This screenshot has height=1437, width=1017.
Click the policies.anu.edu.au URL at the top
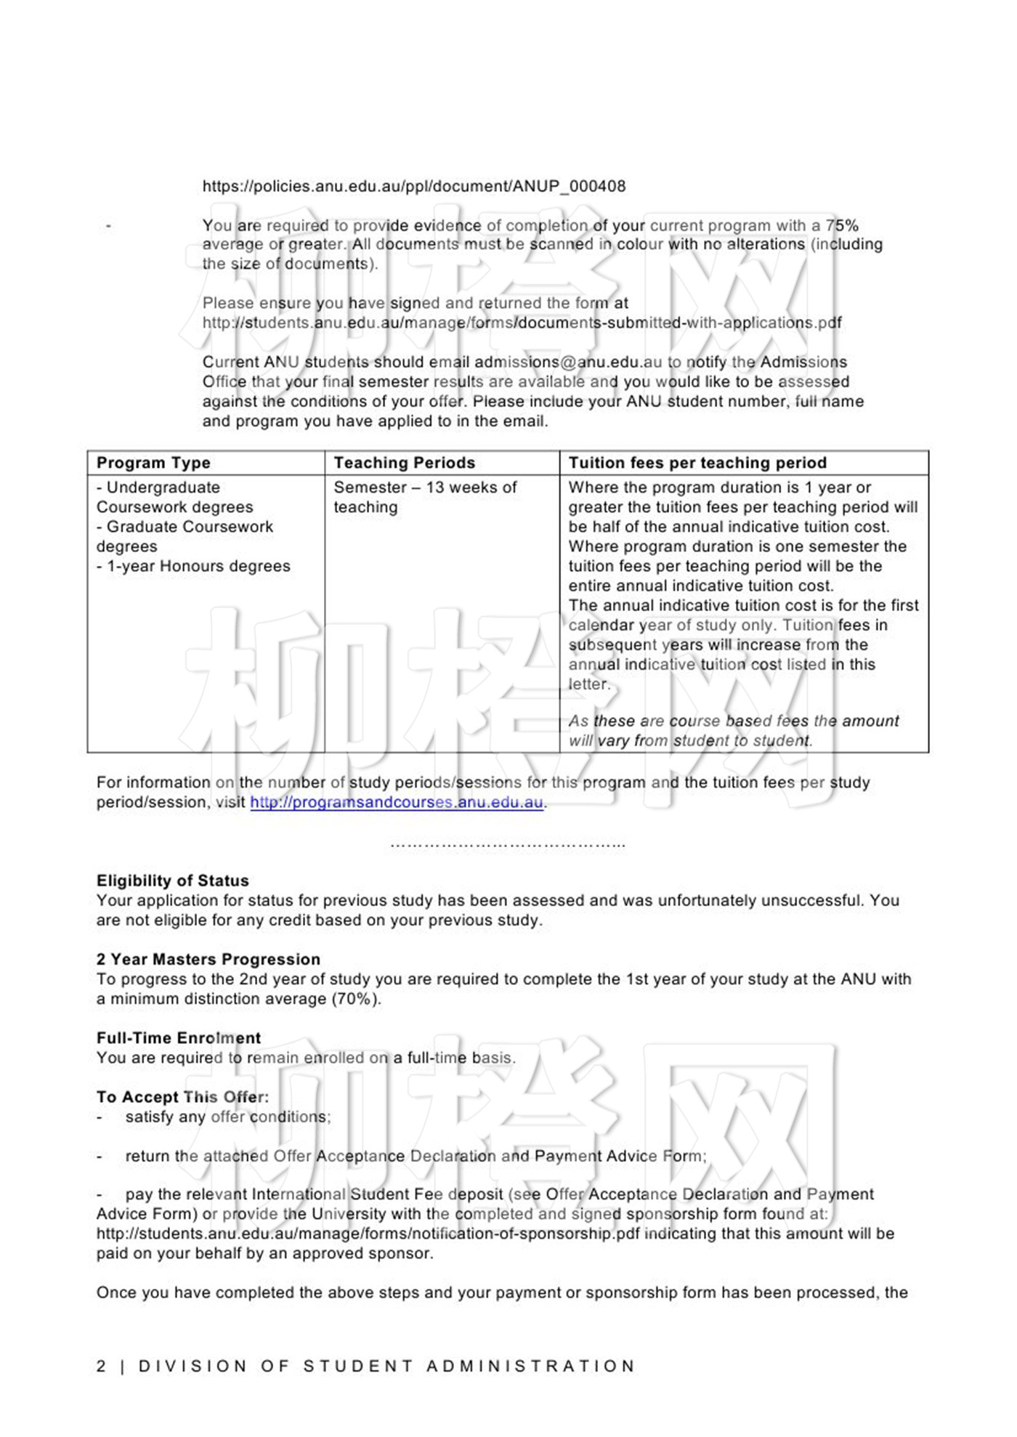[x=413, y=186]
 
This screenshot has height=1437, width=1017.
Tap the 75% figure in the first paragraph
[x=842, y=225]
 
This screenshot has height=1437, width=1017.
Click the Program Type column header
[x=153, y=463]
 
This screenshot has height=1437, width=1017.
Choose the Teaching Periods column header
[x=404, y=463]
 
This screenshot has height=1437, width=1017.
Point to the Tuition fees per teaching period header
[x=697, y=463]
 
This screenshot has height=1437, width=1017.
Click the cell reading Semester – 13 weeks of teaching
[x=425, y=497]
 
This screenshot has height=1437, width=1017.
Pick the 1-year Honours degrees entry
[x=193, y=566]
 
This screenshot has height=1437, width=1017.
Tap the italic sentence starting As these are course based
[x=734, y=731]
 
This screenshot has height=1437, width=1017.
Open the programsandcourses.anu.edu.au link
[x=397, y=802]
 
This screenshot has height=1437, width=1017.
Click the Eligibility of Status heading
[x=173, y=881]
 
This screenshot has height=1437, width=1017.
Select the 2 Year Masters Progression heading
[x=208, y=959]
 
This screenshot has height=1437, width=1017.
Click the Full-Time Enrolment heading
[x=179, y=1037]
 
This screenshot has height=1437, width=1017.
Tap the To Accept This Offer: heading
[x=182, y=1097]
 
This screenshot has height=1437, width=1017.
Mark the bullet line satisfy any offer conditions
[x=227, y=1117]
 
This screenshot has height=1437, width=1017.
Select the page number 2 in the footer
[x=101, y=1366]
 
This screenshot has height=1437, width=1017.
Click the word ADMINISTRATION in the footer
[x=531, y=1366]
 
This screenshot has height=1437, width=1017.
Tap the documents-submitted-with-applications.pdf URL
[x=522, y=323]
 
